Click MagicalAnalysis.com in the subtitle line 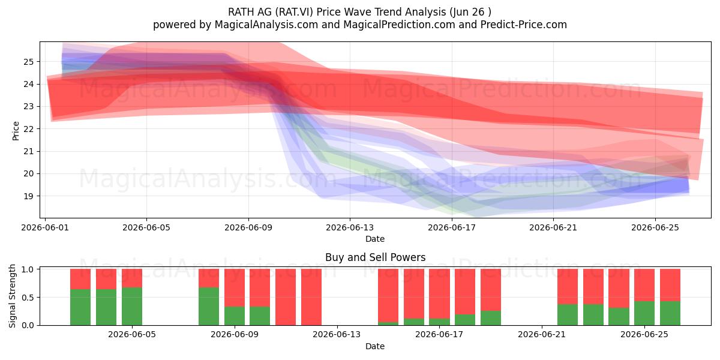click(x=266, y=25)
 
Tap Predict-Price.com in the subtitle click(x=524, y=25)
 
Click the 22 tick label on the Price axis click(x=28, y=129)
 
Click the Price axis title click(x=16, y=131)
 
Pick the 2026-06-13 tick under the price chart click(x=350, y=227)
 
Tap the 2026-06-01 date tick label click(x=45, y=227)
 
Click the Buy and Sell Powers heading click(x=375, y=257)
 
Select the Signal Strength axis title click(x=12, y=296)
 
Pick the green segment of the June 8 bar click(x=209, y=307)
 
